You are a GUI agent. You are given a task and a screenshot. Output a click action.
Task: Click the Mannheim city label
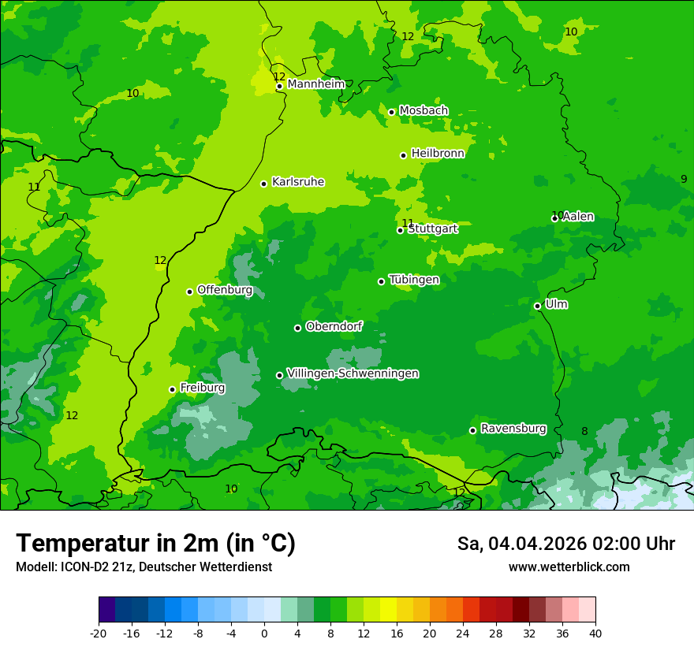click(x=315, y=84)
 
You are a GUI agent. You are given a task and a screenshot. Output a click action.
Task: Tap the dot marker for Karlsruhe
click(x=263, y=184)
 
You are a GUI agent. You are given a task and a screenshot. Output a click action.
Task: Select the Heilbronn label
click(x=438, y=154)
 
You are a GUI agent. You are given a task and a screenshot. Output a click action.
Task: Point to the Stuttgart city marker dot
click(x=400, y=230)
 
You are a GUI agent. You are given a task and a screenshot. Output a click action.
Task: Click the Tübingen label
click(x=414, y=280)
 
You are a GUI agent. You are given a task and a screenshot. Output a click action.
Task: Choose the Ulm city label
click(x=556, y=304)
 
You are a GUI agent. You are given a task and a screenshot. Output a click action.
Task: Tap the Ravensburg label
click(x=513, y=429)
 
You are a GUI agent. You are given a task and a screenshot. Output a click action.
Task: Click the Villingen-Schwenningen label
click(x=353, y=373)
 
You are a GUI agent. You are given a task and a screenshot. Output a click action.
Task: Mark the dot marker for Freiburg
click(x=172, y=389)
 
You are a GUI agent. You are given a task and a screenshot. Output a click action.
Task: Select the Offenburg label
click(x=225, y=290)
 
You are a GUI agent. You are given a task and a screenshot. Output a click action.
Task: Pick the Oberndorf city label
click(x=334, y=326)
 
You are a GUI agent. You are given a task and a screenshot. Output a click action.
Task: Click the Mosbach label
click(x=423, y=110)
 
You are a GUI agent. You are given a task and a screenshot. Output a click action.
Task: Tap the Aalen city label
click(x=578, y=217)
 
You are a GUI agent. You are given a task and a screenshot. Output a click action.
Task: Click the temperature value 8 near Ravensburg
click(x=584, y=431)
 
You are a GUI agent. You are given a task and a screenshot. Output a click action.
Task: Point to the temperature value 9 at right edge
click(x=684, y=179)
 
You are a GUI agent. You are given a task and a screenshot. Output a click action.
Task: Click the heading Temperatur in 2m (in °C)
click(x=155, y=543)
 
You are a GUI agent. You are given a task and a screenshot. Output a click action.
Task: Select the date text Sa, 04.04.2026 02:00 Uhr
click(x=565, y=544)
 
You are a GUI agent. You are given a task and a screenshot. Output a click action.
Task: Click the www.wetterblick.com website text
click(x=569, y=567)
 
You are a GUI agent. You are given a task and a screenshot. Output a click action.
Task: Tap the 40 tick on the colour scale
click(x=595, y=633)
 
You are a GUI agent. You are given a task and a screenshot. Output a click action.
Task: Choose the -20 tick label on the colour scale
click(x=99, y=633)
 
